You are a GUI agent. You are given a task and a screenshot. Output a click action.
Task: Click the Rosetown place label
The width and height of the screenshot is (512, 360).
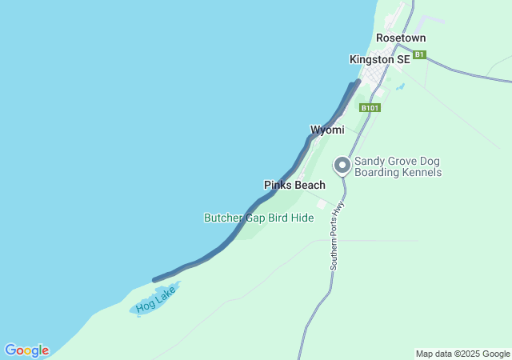[x=401, y=38]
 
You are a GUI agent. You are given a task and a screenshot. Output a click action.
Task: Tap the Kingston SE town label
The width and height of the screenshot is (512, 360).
[x=379, y=59]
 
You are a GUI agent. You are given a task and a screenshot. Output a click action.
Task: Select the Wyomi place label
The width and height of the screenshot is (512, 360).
[x=327, y=130]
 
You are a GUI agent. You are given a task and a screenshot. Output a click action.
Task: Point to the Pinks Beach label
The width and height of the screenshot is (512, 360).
[x=294, y=185]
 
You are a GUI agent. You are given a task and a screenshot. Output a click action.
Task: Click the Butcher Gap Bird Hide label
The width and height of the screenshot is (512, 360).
[x=258, y=218]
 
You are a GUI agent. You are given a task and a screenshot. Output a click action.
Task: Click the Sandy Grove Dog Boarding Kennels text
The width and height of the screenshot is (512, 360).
[x=398, y=166]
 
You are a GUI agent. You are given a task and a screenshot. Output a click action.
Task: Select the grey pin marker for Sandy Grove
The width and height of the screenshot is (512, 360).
[x=342, y=165]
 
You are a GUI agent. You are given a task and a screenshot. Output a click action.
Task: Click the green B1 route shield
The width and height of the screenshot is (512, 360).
[x=420, y=55]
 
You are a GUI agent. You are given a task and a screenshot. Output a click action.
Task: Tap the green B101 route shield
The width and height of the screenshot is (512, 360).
[x=369, y=107]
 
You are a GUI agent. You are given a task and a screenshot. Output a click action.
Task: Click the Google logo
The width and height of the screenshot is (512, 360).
[x=26, y=350]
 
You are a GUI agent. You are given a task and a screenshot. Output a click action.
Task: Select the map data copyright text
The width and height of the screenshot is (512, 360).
[x=462, y=354]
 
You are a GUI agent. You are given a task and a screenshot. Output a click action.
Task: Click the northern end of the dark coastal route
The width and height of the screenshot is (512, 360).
[x=358, y=82]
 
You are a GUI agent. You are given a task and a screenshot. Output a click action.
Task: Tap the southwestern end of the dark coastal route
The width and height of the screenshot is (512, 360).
[x=154, y=280]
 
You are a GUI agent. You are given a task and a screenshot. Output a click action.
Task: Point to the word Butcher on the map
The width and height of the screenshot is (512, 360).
[x=224, y=218]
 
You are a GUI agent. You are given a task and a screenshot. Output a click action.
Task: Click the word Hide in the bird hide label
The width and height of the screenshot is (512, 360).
[x=302, y=218]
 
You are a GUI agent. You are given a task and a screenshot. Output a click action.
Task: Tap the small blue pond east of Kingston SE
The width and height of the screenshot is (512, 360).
[x=400, y=86]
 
